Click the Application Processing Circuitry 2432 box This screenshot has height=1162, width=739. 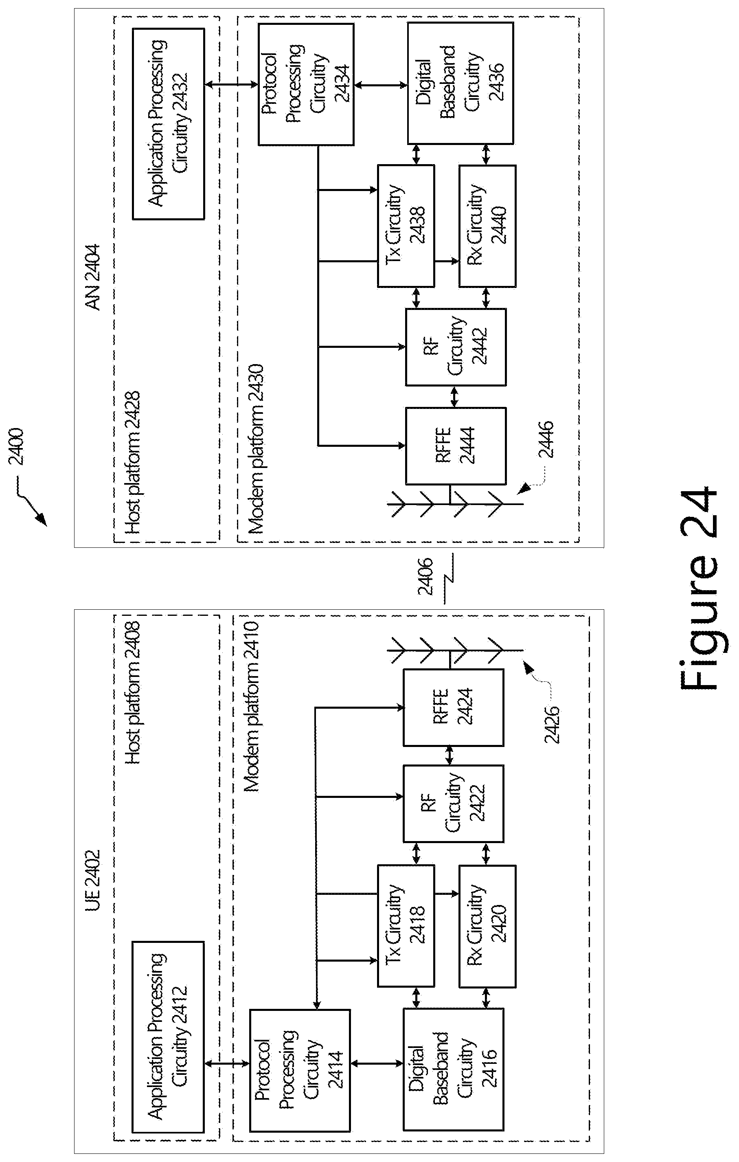tap(168, 124)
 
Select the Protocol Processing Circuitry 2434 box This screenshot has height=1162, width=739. tap(306, 84)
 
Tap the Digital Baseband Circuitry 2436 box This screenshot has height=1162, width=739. tap(460, 83)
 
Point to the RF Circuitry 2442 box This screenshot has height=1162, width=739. tap(456, 347)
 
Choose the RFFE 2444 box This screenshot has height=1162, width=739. tap(456, 446)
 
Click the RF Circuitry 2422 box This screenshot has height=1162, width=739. tap(454, 804)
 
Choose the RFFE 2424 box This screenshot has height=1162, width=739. tap(454, 708)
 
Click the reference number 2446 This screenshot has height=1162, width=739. tap(546, 439)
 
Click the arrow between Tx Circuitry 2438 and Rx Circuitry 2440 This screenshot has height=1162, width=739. tap(447, 261)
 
